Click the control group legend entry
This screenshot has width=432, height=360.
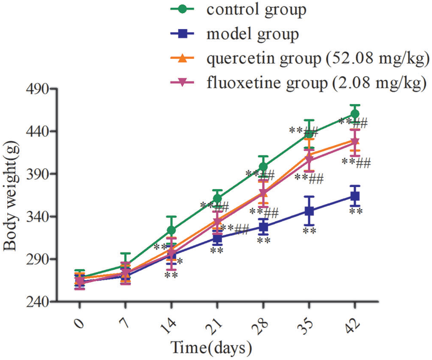[256, 10]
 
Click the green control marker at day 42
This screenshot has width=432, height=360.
[355, 114]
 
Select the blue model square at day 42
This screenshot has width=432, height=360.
[355, 196]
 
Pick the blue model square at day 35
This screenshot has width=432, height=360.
[309, 211]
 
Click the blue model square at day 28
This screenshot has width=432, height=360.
[263, 227]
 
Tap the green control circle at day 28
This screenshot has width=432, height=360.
[263, 167]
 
